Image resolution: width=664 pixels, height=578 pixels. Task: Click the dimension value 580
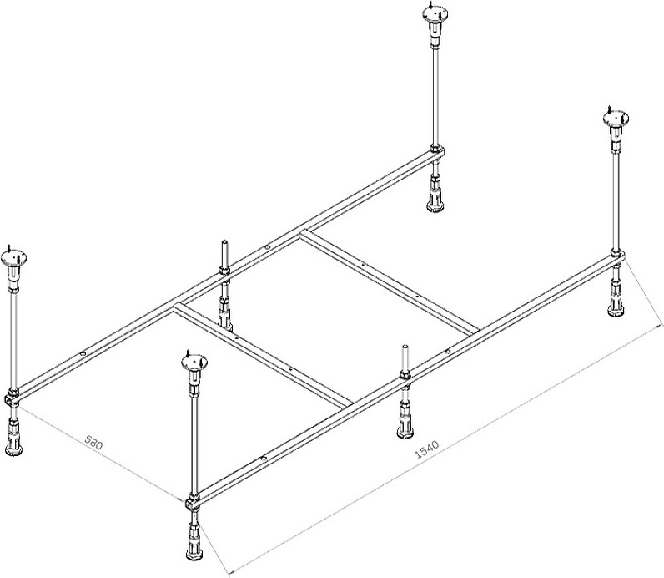coord(93,443)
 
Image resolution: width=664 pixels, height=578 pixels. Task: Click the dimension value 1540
coord(426,450)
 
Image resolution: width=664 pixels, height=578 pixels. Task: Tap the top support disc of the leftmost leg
coord(13,257)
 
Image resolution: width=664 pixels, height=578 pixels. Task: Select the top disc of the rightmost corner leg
coord(616,118)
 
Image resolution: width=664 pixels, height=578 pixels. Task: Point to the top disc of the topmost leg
coord(435,13)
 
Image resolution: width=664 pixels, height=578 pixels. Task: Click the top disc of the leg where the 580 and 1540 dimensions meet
coord(194,363)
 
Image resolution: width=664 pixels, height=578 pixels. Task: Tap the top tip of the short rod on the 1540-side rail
coord(405,346)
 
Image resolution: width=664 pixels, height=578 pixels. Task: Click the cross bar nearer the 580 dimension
coord(263,355)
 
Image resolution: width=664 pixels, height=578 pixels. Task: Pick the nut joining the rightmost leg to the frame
coord(616,256)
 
